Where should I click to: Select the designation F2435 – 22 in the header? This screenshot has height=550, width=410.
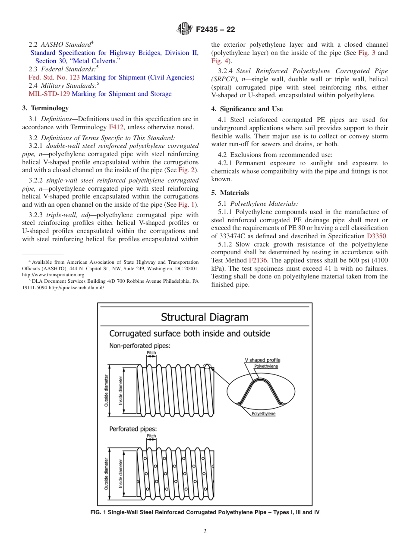pos(215,29)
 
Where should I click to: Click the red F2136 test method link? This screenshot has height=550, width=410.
pos(258,260)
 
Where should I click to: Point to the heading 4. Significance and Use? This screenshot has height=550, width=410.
pos(247,109)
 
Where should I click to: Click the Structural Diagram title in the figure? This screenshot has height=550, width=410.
pos(205,317)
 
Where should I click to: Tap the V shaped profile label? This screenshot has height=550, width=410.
pos(262,360)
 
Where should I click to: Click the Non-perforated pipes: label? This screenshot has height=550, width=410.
pos(139,345)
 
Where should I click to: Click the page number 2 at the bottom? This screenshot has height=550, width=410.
pos(205,531)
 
